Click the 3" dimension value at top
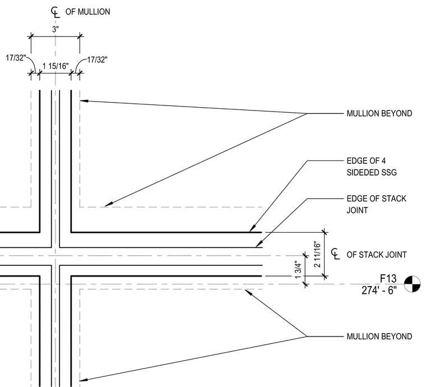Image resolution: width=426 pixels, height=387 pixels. pos(55,29)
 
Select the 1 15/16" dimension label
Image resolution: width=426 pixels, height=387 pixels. pos(55,66)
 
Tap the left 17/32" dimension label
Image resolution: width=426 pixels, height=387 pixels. pos(16,58)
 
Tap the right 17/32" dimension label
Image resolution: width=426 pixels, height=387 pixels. pos(98,59)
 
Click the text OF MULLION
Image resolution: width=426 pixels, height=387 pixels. pos(88,12)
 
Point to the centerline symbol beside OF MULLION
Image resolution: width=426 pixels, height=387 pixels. pos(55,12)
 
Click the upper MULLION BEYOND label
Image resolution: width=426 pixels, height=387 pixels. pos(379,113)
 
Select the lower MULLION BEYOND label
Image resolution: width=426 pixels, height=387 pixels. pos(379,337)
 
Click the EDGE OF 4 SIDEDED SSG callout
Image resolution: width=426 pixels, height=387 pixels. pos(372,167)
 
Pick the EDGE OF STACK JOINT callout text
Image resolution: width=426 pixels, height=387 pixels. pos(376,204)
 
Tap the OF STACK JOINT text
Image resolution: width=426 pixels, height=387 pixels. pos(377,255)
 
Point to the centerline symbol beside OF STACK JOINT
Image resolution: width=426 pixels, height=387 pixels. pos(336,254)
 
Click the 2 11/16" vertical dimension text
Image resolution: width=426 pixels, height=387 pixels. pos(317,254)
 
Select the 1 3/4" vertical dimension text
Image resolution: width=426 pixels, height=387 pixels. pos(298,270)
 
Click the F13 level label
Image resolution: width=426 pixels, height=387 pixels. pos(388,279)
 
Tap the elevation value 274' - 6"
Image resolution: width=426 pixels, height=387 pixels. pos(379,291)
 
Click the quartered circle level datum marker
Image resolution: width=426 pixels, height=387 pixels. pos(412,284)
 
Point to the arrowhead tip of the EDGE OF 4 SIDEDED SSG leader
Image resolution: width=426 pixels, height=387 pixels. pos(249,232)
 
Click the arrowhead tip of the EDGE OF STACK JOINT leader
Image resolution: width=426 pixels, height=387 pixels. pos(256,247)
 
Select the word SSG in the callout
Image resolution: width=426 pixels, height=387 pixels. pos(388,173)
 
